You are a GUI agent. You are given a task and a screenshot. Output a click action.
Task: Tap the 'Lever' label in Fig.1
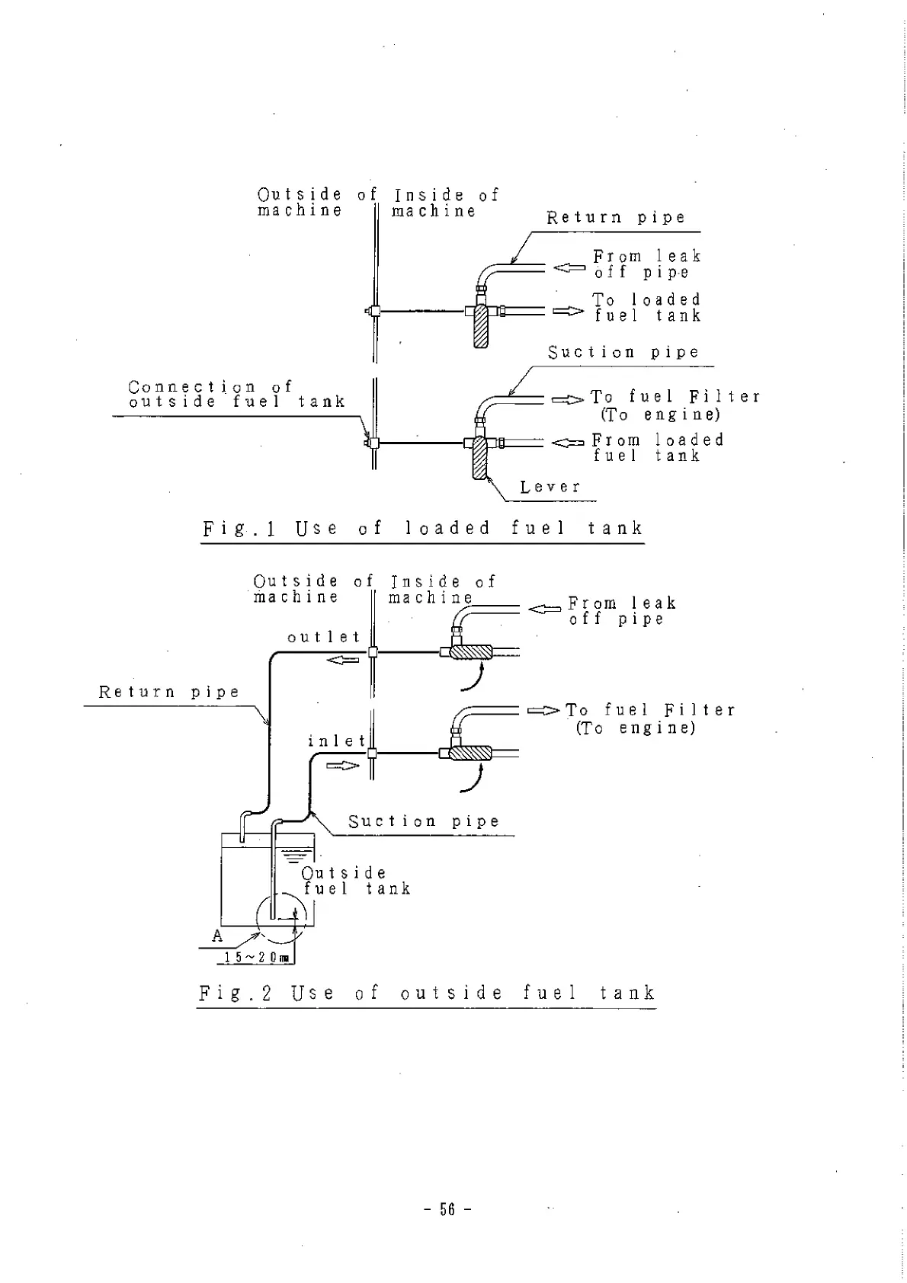550,487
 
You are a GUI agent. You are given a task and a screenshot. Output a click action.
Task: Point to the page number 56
447,1209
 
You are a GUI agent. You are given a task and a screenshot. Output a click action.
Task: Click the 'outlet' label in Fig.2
324,637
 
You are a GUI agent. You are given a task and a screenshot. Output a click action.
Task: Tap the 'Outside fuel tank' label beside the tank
356,881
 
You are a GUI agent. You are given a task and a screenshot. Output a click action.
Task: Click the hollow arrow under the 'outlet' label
342,659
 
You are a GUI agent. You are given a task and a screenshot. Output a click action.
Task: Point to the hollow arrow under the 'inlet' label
342,765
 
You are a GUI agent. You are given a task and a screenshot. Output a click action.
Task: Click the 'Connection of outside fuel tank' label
236,395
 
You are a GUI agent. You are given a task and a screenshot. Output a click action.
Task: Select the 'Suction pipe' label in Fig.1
623,352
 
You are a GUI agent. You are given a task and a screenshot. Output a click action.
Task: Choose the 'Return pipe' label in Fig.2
169,693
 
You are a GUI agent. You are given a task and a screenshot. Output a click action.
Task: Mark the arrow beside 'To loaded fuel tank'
567,311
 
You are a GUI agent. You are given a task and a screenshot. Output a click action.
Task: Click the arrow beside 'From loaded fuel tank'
567,443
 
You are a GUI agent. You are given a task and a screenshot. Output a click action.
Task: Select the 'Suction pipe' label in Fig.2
424,821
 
